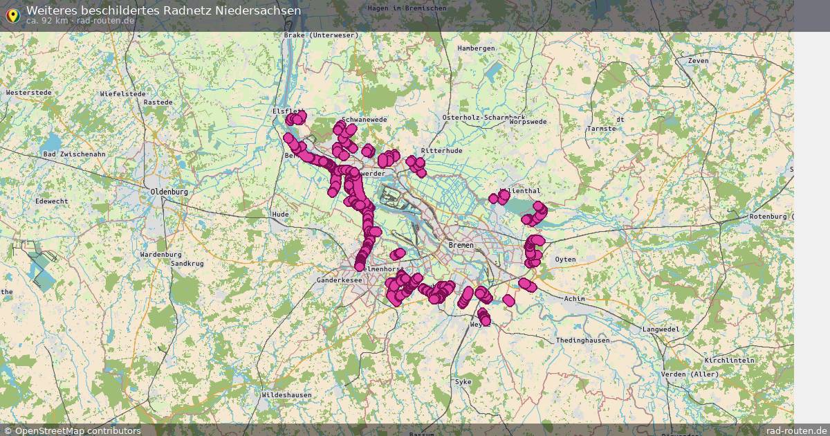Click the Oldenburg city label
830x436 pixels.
(x=169, y=192)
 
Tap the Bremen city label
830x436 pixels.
(x=461, y=246)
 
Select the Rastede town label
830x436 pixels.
(x=158, y=102)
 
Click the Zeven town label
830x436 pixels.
(x=699, y=61)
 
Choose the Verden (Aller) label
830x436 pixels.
(x=690, y=374)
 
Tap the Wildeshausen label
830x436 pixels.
(x=286, y=394)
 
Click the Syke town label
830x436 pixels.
(x=463, y=381)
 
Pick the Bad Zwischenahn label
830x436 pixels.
(x=74, y=154)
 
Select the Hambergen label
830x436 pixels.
(x=476, y=48)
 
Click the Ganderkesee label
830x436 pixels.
(x=339, y=280)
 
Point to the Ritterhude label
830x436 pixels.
(x=441, y=150)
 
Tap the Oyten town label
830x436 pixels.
(x=565, y=259)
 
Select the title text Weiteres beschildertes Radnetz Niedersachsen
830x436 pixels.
(x=163, y=10)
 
